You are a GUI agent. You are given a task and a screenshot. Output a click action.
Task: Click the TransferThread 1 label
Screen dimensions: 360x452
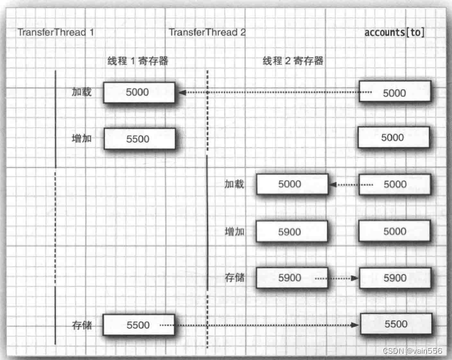point(56,32)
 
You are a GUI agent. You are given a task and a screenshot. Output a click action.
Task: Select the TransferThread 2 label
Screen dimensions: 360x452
point(207,32)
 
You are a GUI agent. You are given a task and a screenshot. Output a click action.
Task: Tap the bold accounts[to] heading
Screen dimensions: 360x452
point(394,32)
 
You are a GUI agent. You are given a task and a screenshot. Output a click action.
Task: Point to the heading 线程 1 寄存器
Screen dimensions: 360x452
point(136,62)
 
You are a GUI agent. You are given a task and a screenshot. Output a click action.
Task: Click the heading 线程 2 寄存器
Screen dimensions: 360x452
point(293,62)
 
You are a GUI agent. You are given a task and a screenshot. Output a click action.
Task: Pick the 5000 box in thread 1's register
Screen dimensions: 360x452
point(138,92)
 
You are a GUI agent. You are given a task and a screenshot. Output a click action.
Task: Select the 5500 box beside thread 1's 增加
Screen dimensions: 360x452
point(138,139)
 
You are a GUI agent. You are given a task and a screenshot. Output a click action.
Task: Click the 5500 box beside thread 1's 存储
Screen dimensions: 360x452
point(138,325)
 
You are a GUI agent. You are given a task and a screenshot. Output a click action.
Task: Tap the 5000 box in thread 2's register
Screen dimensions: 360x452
point(291,185)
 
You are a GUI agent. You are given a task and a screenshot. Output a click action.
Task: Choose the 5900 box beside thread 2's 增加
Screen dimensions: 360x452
point(291,232)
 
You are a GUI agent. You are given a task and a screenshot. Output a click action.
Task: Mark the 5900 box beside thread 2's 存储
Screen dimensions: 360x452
point(291,278)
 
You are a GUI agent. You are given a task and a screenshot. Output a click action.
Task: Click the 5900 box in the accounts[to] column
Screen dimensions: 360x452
point(395,278)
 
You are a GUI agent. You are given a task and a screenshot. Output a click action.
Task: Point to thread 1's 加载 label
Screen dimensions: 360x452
point(82,92)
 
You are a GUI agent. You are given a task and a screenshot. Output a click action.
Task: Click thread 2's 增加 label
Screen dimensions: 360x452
point(234,232)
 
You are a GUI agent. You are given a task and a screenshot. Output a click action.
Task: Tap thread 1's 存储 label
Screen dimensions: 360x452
point(82,325)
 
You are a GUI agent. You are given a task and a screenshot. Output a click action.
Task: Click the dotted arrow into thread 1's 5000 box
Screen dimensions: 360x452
point(270,93)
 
